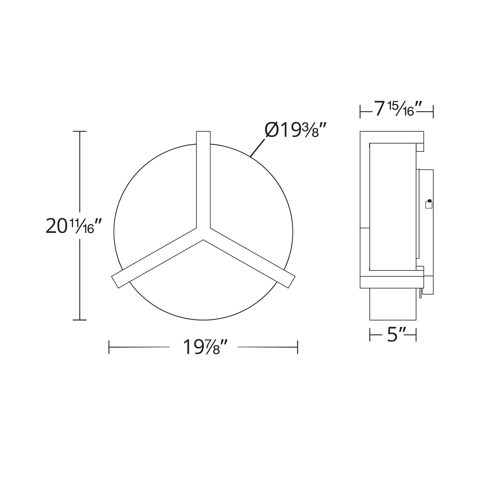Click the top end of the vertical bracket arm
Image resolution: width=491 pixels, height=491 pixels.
pos(203,133)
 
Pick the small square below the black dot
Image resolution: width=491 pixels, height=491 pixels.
pos(429,205)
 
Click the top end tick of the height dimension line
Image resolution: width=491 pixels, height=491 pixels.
pos(80,131)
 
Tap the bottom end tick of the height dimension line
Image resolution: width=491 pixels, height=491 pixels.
pos(80,320)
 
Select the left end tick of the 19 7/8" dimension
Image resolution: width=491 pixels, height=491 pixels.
pos(109,347)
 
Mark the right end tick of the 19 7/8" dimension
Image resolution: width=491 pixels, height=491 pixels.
pos(298,347)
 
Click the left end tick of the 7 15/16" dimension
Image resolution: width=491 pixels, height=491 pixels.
pos(360,111)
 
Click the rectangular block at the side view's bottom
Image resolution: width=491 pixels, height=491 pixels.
pos(392,304)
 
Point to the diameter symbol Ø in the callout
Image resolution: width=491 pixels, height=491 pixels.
pos(271,130)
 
